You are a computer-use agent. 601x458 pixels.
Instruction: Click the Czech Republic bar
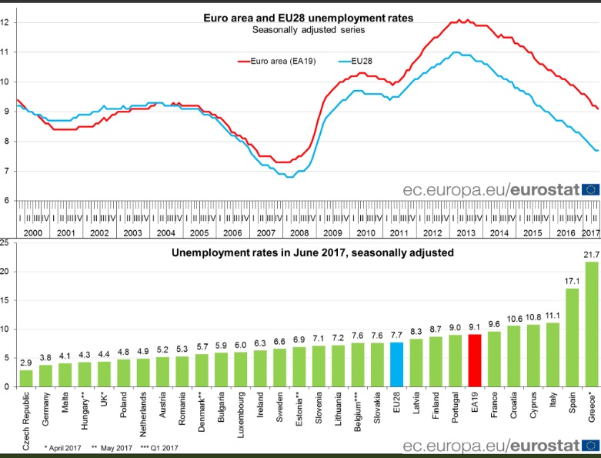[26, 378]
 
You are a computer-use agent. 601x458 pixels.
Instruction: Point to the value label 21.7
[591, 276]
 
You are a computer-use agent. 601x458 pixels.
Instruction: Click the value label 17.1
[573, 281]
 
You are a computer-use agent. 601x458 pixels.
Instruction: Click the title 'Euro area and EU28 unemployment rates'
[308, 18]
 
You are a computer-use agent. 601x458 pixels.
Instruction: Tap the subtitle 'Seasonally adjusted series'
[309, 31]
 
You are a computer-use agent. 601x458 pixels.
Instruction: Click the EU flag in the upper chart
[590, 210]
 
